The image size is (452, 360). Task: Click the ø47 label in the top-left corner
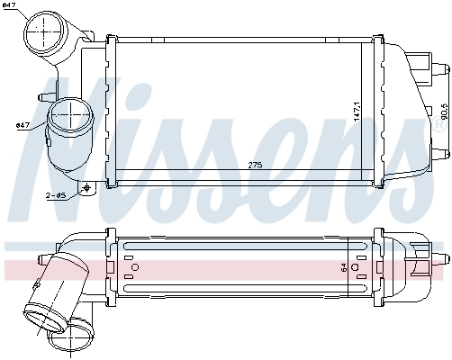[x=12, y=8]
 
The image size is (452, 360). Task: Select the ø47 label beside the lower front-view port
[x=23, y=125]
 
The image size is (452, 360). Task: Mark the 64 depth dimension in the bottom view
[x=343, y=266]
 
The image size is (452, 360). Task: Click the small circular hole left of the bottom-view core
[x=135, y=265]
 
